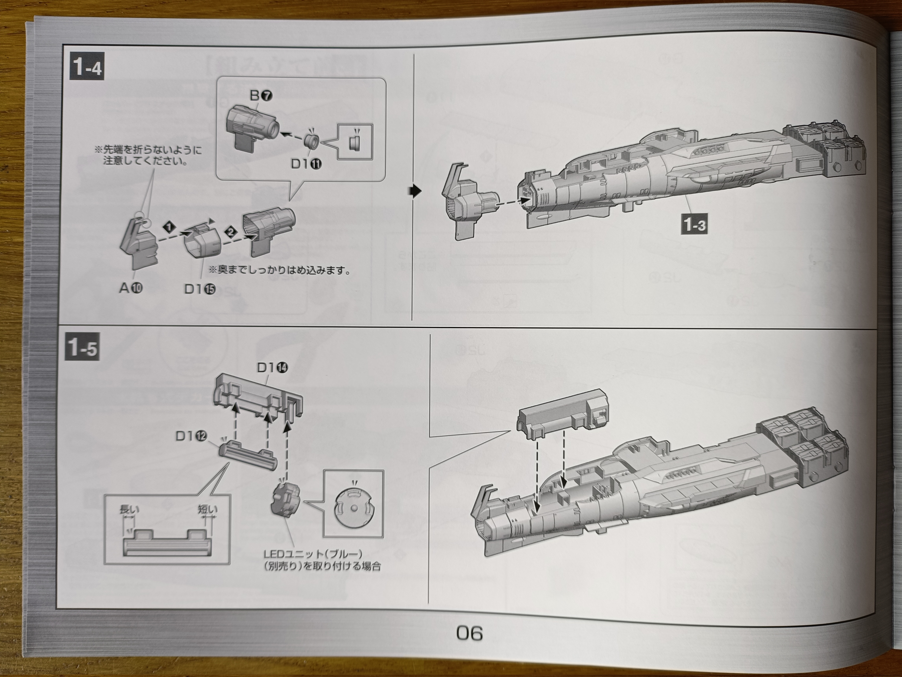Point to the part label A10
click(x=131, y=288)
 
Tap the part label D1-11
click(x=306, y=164)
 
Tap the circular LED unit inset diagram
click(x=353, y=509)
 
